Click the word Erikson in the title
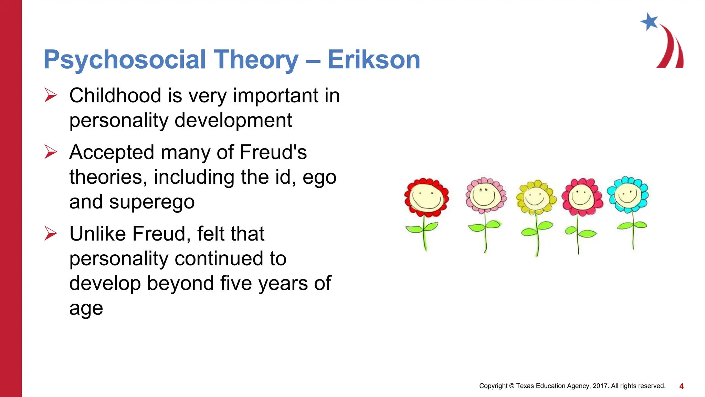(x=373, y=60)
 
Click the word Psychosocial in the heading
(x=124, y=60)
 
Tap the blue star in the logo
(x=650, y=22)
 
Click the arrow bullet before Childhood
(x=51, y=95)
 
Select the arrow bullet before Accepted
(x=51, y=152)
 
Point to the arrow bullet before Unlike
(x=51, y=233)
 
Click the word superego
(x=152, y=202)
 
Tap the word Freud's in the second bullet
(x=273, y=152)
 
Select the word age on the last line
(x=86, y=308)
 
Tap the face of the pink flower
(x=485, y=195)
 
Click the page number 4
(x=681, y=386)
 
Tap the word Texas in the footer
(x=525, y=386)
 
